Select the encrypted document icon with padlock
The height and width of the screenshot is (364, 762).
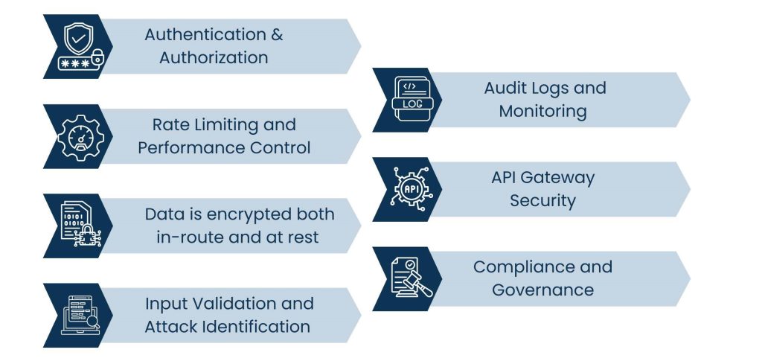(79, 226)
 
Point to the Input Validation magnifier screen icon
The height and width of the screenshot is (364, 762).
(79, 315)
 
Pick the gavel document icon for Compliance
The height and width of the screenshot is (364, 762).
(409, 278)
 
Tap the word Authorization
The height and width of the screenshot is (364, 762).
(214, 57)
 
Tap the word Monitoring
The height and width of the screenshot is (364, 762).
(542, 111)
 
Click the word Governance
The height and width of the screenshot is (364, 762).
(542, 290)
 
